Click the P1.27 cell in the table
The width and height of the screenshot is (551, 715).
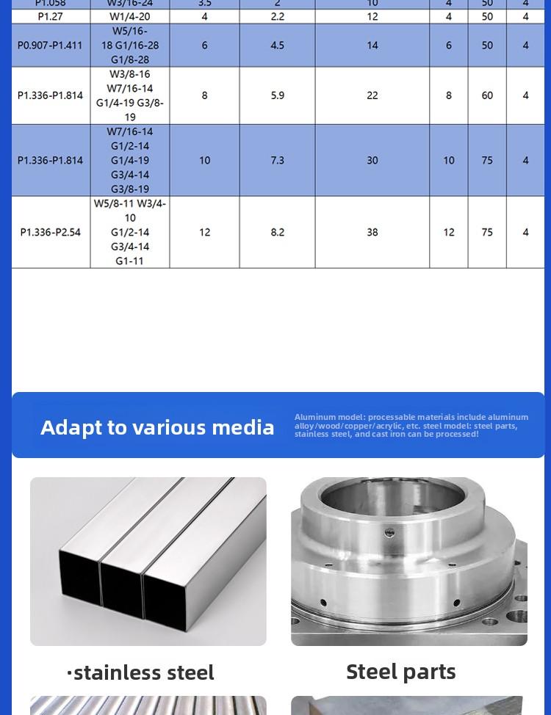(51, 16)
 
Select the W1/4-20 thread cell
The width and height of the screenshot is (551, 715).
(130, 16)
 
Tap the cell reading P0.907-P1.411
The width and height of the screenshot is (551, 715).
(51, 45)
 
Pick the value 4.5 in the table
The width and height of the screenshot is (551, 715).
(278, 45)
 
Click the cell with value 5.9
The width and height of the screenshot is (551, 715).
(278, 95)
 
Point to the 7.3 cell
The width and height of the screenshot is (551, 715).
(278, 160)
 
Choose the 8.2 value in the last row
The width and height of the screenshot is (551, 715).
(278, 232)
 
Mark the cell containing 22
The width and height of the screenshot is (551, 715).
(372, 95)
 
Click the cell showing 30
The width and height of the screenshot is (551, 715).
(372, 160)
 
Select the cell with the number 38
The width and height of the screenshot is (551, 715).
(372, 232)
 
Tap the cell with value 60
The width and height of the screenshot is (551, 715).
(487, 95)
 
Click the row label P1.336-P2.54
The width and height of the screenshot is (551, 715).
(51, 232)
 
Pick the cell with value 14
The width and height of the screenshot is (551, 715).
(372, 45)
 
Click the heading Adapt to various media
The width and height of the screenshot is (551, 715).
(157, 427)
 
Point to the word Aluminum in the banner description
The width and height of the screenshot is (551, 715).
(315, 417)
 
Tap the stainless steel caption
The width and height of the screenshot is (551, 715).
(143, 672)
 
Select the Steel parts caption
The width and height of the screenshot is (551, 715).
(401, 671)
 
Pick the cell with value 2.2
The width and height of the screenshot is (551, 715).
(278, 16)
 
